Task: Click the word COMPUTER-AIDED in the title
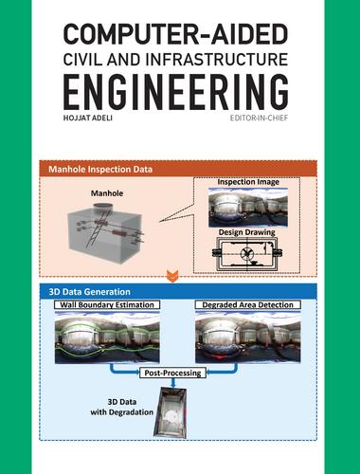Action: (175, 34)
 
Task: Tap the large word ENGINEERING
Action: (175, 92)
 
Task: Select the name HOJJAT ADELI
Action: (88, 118)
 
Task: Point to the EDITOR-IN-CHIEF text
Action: (259, 118)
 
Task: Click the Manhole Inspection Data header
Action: (100, 169)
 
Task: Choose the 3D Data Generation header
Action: (89, 291)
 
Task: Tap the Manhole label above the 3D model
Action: (107, 193)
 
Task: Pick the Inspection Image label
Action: (248, 182)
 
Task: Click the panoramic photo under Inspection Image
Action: (248, 208)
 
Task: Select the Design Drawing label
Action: (247, 232)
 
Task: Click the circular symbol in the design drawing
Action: (246, 253)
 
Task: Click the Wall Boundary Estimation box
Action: (107, 304)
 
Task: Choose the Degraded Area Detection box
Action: (248, 304)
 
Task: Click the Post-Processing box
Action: (172, 373)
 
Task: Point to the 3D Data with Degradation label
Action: (122, 407)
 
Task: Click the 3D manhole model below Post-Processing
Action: (171, 412)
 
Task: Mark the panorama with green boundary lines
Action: (107, 337)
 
